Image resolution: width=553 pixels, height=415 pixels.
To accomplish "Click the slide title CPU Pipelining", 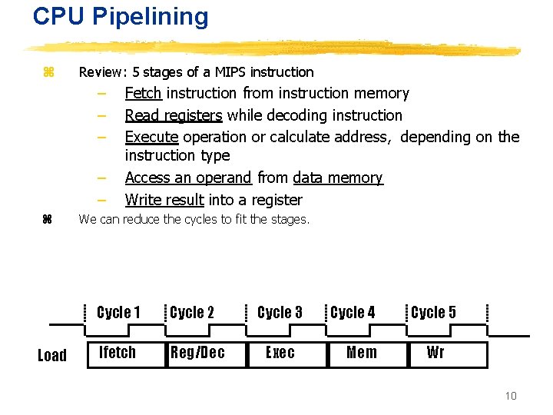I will [x=121, y=17].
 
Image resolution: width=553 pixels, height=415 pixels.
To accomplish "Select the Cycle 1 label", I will [x=118, y=312].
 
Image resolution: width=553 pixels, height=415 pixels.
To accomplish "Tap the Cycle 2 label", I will [x=191, y=312].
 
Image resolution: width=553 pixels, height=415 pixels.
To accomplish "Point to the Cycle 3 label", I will [x=280, y=312].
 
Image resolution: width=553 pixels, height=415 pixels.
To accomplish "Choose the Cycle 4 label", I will [x=353, y=312].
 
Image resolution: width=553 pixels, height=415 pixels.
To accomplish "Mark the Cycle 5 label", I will [x=433, y=312].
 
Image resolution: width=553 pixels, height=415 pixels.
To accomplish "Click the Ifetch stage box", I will [x=118, y=353].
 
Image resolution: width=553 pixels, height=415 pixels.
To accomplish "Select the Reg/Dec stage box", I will [x=197, y=353].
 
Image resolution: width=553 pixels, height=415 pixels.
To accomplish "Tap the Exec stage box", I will [x=280, y=353].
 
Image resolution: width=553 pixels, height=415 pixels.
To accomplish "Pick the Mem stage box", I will [x=361, y=353].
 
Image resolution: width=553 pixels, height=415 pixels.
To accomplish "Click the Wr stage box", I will [x=435, y=353].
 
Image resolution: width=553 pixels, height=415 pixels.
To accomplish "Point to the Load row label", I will [x=52, y=355].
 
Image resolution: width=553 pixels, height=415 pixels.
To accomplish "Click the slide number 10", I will [x=511, y=396].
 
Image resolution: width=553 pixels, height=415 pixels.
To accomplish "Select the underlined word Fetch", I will [x=143, y=94].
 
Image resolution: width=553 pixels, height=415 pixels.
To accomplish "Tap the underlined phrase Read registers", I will [x=174, y=116].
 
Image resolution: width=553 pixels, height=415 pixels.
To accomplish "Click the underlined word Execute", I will [x=151, y=138].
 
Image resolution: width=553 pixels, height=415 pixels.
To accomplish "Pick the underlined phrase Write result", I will [x=164, y=201].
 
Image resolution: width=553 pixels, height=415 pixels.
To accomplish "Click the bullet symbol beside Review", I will [x=48, y=72].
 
